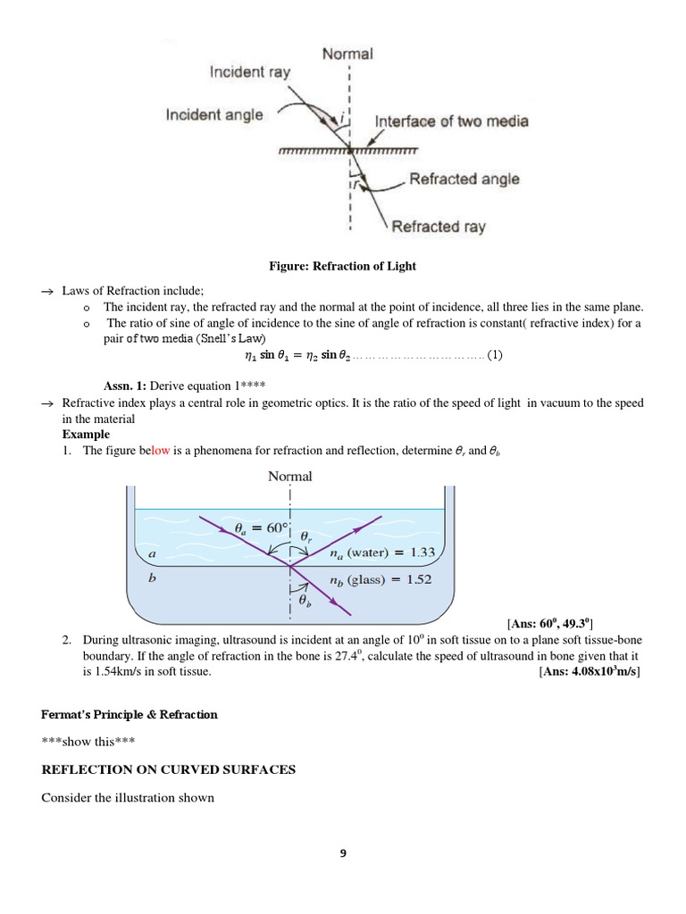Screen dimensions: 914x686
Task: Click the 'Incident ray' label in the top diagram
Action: click(249, 72)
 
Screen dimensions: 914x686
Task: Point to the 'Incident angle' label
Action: click(214, 114)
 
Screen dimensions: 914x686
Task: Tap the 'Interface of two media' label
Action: click(451, 120)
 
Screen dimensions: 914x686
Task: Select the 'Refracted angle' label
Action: click(464, 179)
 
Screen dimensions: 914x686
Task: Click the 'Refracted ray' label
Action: click(439, 226)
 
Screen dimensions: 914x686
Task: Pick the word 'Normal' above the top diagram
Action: click(347, 54)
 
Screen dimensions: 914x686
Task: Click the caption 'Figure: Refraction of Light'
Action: click(343, 266)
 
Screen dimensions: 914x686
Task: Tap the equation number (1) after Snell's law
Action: click(495, 355)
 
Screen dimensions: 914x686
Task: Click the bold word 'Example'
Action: click(86, 434)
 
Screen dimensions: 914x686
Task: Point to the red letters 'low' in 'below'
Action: click(161, 451)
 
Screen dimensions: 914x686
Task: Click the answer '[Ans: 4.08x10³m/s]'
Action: click(590, 672)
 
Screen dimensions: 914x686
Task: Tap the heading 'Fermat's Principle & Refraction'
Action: click(130, 715)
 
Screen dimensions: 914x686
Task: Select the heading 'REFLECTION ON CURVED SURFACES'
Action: click(169, 769)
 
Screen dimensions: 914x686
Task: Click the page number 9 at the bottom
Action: click(343, 853)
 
